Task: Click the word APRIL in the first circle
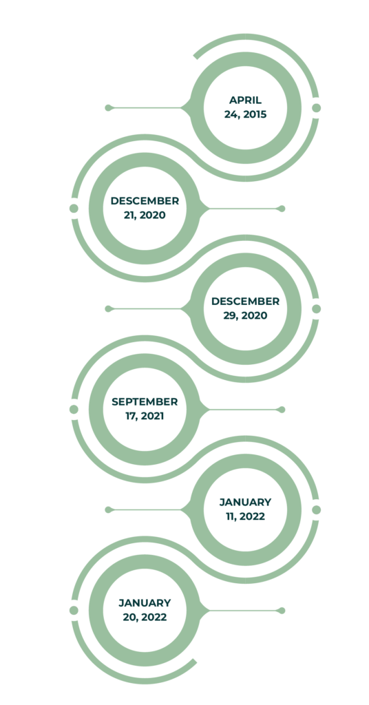[245, 101]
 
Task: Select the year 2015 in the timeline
[255, 115]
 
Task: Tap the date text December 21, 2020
[145, 208]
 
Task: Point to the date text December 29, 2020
[245, 308]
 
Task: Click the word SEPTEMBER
[145, 401]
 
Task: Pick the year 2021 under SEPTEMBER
[152, 417]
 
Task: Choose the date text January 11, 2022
[245, 509]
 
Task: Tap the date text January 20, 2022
[145, 610]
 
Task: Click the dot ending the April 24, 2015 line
[108, 108]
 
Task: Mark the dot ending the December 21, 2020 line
[282, 209]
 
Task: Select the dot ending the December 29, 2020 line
[108, 309]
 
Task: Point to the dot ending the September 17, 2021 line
[282, 410]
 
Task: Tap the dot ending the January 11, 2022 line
[108, 510]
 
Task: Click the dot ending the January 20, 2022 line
[282, 611]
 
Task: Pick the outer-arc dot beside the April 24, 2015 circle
[317, 108]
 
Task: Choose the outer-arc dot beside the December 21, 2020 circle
[74, 209]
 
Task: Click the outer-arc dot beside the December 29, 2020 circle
[317, 309]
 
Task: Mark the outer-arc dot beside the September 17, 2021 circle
[74, 410]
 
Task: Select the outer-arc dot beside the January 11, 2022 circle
[317, 510]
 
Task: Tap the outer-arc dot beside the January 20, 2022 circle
[74, 611]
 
